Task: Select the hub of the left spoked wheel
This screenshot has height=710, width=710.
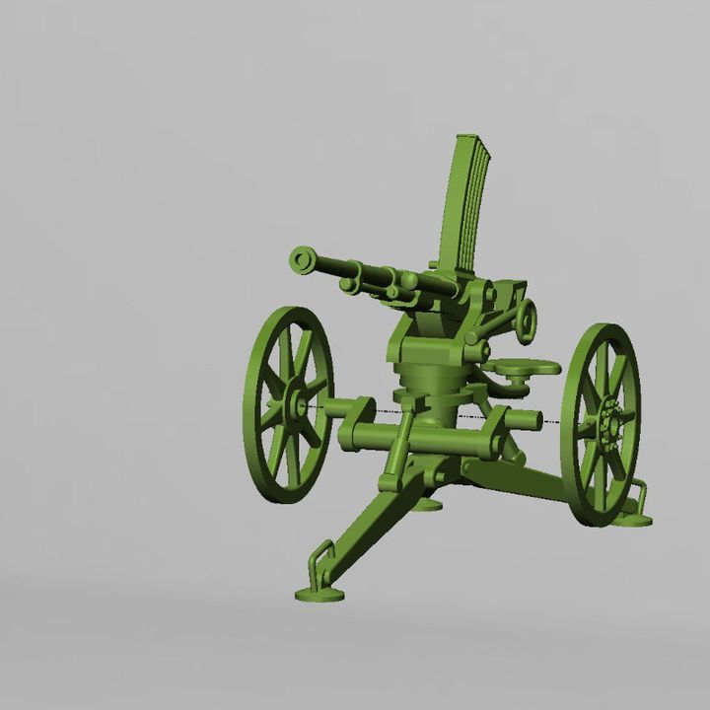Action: point(297,405)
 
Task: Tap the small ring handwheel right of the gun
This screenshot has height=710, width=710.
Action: point(527,319)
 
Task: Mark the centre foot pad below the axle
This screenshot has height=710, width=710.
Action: point(427,504)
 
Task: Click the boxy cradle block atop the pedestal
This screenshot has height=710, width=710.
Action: point(426,345)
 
